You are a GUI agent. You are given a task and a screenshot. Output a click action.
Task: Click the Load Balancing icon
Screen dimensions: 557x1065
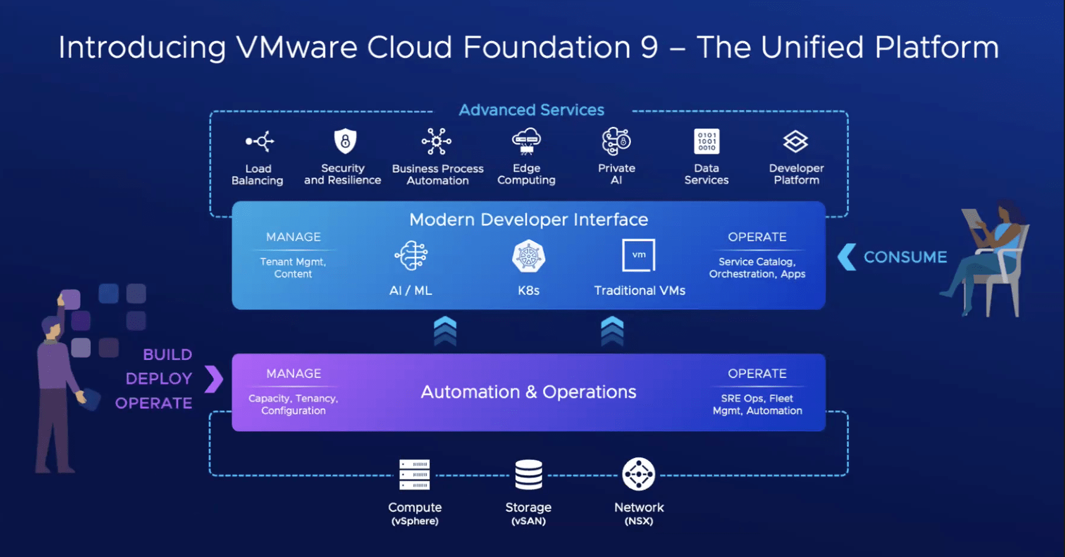259,141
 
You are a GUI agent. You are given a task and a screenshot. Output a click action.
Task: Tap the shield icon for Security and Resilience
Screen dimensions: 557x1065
345,141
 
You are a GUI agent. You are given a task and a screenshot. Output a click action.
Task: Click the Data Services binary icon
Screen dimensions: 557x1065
706,141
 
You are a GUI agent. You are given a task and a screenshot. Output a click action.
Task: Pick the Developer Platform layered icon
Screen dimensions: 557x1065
796,141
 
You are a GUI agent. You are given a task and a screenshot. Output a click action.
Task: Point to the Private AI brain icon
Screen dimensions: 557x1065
616,141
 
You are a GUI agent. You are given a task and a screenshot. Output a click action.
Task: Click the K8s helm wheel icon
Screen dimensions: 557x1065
528,257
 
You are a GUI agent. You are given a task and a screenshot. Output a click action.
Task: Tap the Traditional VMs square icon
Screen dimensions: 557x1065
638,255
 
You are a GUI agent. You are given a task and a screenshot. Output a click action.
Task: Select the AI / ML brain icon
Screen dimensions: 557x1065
411,256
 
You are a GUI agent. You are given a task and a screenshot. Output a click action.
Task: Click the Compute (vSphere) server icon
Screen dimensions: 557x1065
414,475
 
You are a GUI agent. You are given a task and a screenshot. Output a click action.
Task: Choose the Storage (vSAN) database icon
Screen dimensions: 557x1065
528,475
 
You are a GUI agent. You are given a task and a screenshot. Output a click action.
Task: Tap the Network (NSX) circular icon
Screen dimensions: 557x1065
638,475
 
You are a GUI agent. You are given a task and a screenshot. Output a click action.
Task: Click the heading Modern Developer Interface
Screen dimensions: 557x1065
528,219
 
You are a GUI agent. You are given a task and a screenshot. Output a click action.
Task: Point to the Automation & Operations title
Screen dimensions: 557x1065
528,392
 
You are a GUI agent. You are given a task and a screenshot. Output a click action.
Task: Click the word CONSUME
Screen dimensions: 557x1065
905,257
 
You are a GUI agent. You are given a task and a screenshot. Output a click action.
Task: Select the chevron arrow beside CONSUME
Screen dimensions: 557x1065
846,257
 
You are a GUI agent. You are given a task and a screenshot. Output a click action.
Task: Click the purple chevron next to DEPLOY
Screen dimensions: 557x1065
214,379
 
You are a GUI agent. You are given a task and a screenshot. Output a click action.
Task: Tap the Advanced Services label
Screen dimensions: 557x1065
531,110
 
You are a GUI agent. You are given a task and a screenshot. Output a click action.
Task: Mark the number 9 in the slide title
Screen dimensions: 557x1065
649,48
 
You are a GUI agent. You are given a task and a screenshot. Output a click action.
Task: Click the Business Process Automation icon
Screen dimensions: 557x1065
437,141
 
